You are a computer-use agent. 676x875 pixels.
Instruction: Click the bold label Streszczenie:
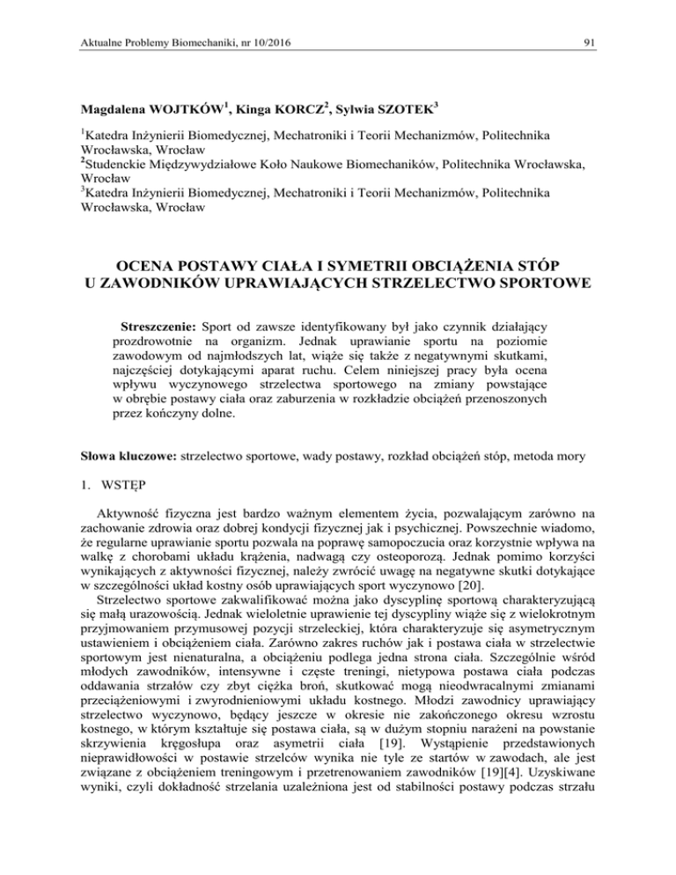point(162,328)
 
